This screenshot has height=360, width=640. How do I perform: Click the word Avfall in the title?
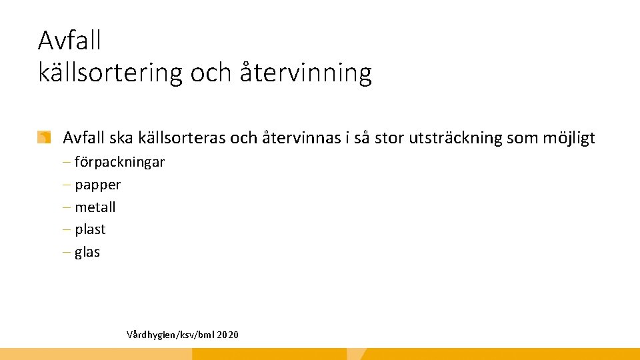69,41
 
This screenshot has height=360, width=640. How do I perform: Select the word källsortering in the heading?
110,73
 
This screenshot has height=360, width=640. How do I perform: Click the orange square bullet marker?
44,138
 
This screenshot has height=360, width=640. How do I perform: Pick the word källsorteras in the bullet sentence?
181,138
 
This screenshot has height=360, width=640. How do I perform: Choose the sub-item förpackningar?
119,162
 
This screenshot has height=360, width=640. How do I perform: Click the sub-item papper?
97,185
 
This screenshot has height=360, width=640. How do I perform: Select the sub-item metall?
95,207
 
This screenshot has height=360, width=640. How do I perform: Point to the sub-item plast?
90,229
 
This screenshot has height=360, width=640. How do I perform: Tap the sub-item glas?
87,252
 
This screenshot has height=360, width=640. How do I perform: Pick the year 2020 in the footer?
227,334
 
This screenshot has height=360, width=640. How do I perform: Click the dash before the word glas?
69,252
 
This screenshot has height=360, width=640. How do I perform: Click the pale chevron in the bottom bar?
357,354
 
